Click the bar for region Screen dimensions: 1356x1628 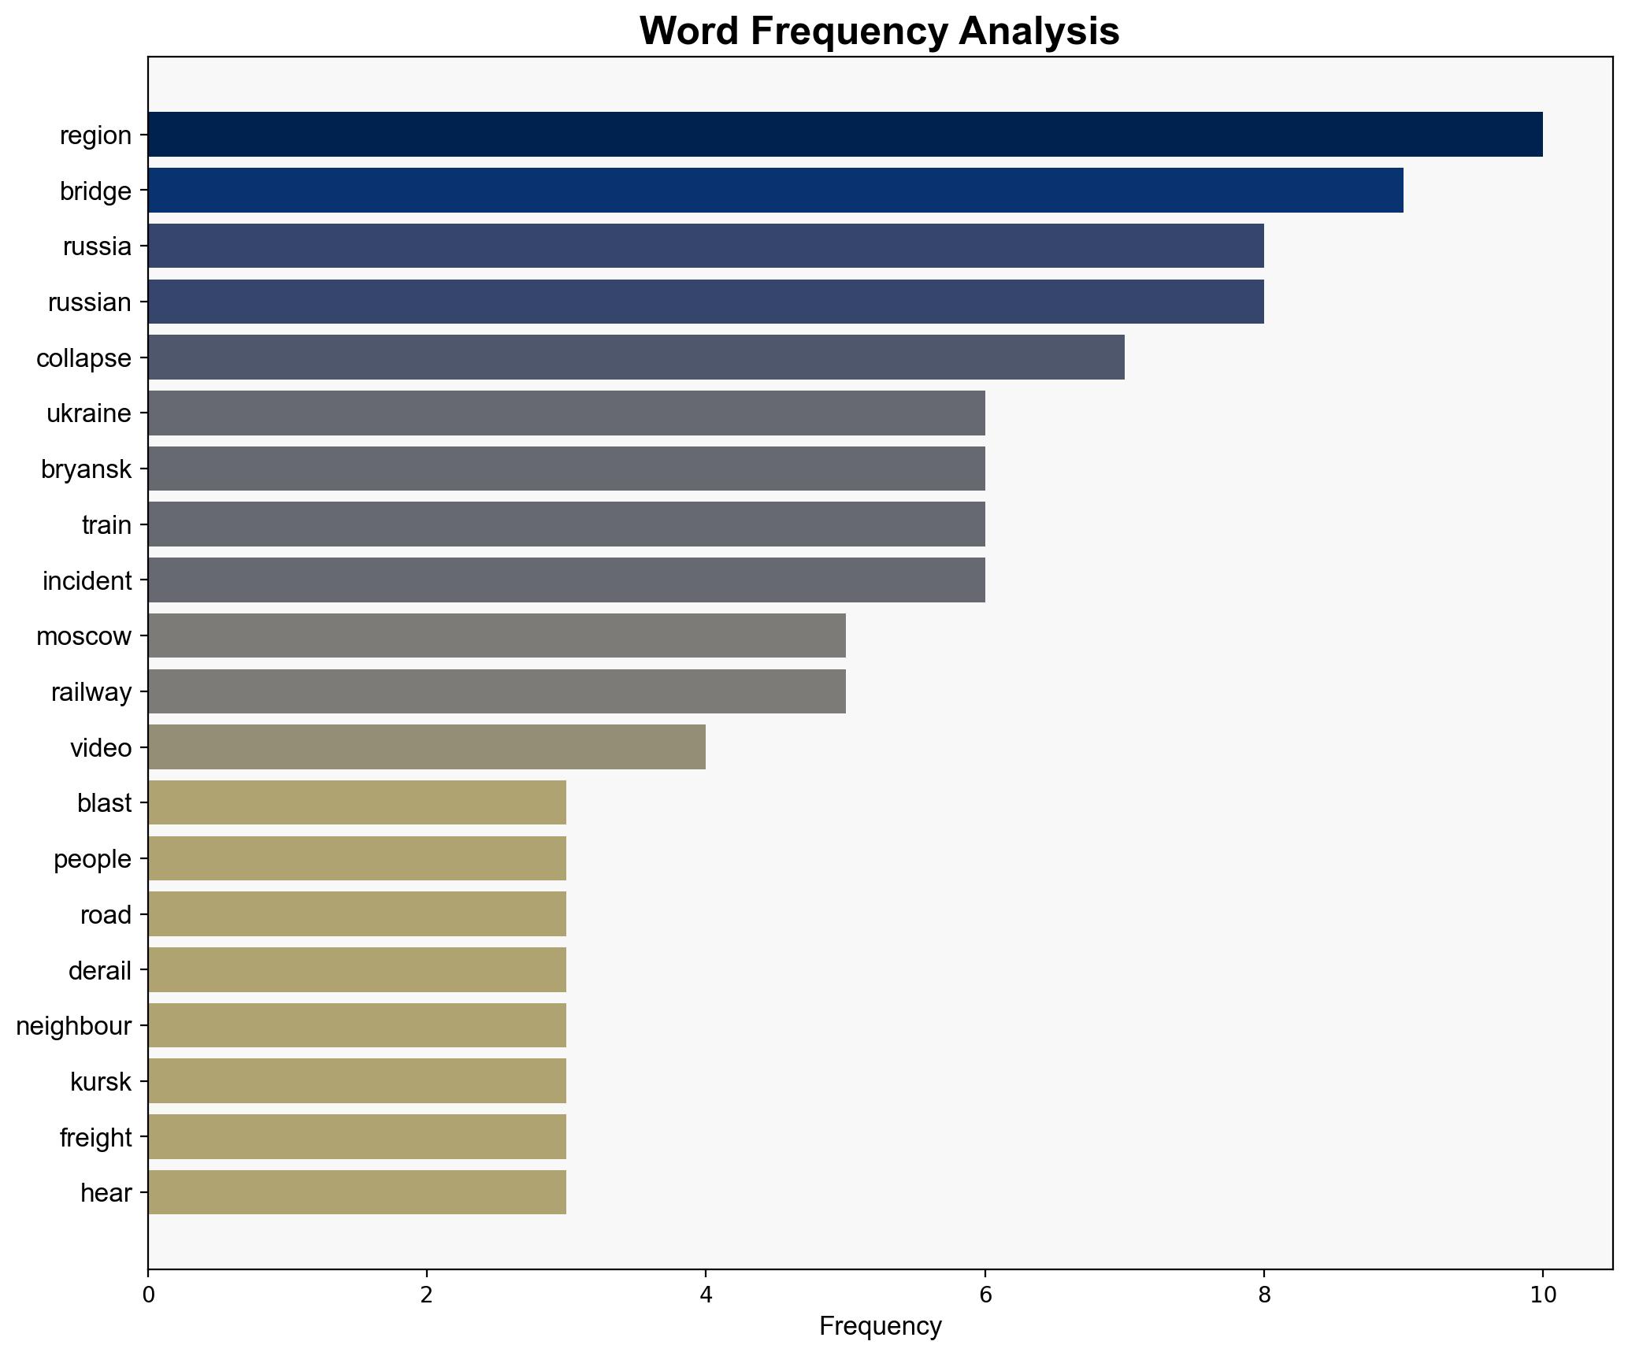coord(844,135)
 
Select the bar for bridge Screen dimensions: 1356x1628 coord(775,191)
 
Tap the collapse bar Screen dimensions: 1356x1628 coord(636,358)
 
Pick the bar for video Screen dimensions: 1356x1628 coord(426,747)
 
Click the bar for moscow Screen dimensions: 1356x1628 coord(496,635)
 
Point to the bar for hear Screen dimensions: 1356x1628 coord(357,1192)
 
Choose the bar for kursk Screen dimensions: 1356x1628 coord(357,1081)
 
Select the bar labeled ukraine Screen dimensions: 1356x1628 coord(566,413)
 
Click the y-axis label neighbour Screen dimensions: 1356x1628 coord(73,1026)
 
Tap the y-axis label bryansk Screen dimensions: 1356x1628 coord(86,469)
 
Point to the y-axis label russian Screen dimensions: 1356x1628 coord(89,302)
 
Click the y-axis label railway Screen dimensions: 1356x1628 coord(91,692)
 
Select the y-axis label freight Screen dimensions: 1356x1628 coord(95,1137)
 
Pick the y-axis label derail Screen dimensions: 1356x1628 coord(99,970)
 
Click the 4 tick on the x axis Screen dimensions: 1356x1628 coord(706,1295)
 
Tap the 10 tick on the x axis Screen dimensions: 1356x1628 coord(1542,1295)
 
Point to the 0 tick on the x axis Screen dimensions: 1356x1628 coord(148,1295)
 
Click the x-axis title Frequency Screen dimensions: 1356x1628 coord(880,1327)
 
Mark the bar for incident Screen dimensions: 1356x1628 coord(566,580)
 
